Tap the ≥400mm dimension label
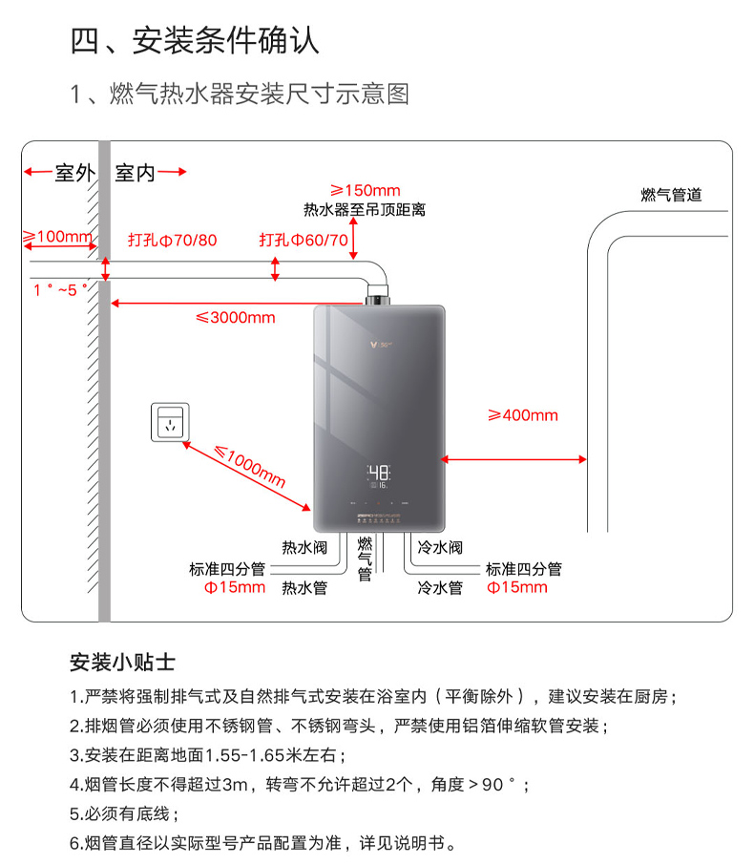tap(522, 415)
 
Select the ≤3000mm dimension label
tap(235, 318)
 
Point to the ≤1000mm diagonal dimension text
tap(249, 467)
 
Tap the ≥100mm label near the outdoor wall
tap(56, 237)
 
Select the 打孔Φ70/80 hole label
tap(173, 240)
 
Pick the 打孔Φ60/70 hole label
tap(304, 240)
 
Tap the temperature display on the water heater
tap(379, 474)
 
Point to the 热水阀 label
tap(304, 548)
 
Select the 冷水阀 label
tap(440, 548)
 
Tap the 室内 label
tap(135, 173)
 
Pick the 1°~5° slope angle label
tap(59, 289)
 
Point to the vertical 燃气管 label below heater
tap(365, 559)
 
